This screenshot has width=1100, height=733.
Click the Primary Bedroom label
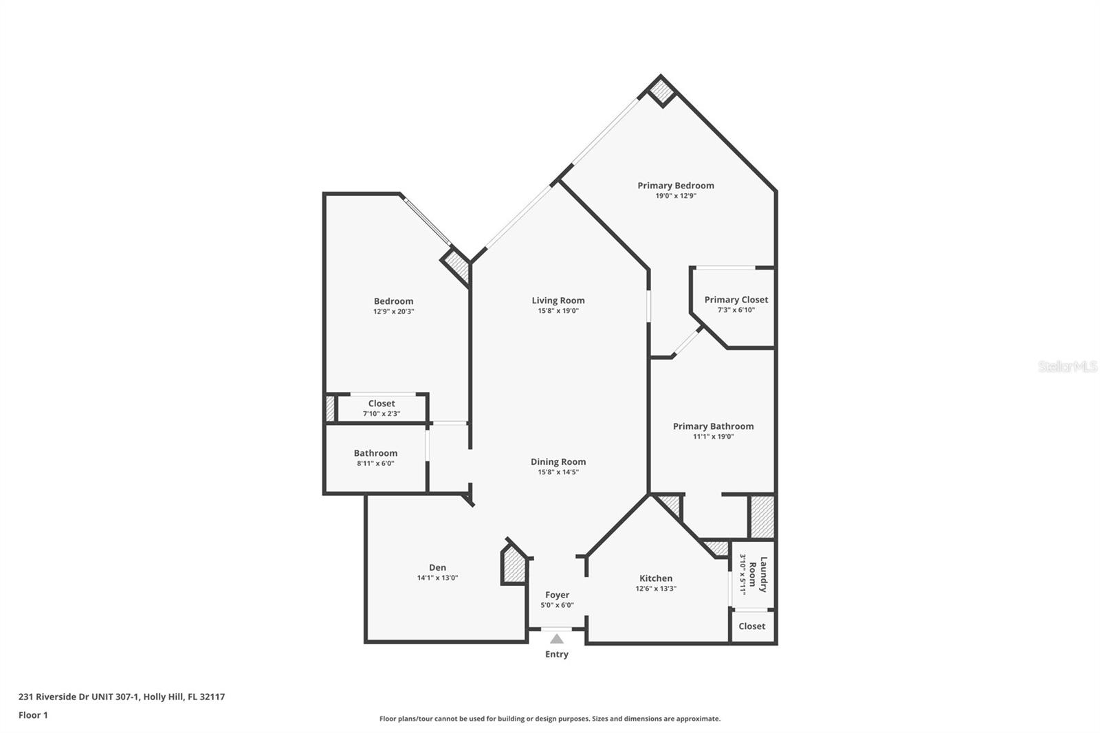[676, 186]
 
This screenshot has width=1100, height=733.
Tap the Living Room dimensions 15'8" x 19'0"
[558, 311]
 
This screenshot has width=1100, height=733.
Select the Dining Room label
[558, 462]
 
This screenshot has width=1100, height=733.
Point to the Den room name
[437, 567]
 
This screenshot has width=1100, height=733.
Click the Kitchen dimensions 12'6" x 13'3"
[656, 589]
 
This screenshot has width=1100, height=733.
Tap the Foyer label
[558, 595]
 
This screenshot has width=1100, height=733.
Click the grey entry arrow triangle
[557, 639]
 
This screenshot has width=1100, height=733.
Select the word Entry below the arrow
[557, 654]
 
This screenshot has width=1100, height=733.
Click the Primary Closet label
[736, 300]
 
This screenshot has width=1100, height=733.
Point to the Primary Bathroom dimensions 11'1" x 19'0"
[714, 436]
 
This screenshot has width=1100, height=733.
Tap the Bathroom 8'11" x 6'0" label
[375, 458]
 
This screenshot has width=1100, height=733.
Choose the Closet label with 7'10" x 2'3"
[382, 408]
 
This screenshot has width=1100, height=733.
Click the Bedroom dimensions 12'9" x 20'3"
[394, 311]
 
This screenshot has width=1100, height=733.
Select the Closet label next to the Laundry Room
[752, 626]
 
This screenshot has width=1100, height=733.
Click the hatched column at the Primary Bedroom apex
[661, 91]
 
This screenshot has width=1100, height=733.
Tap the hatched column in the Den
[514, 566]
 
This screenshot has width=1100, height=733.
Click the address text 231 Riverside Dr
[54, 697]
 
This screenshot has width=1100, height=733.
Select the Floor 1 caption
[34, 715]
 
